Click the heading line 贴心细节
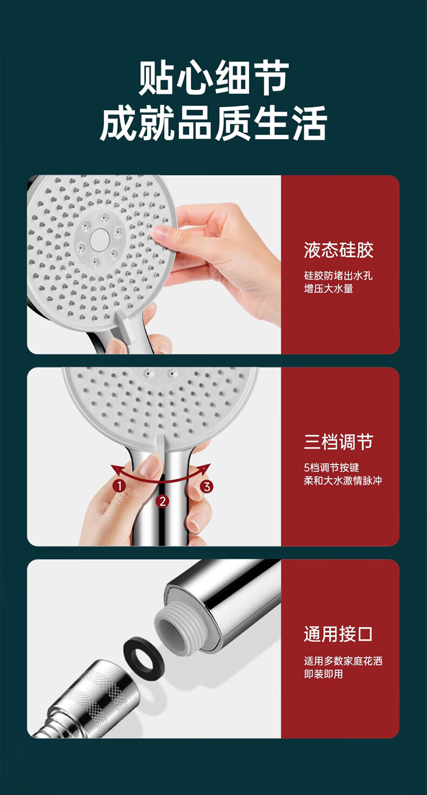click(213, 78)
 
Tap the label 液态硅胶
click(338, 250)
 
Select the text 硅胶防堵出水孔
click(338, 275)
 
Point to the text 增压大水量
click(329, 288)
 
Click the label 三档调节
click(338, 442)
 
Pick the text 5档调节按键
click(331, 468)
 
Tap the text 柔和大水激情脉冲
click(343, 481)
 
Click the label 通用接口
click(338, 634)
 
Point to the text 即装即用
click(324, 674)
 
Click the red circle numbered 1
click(119, 486)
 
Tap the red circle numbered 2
click(163, 501)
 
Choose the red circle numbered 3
click(206, 486)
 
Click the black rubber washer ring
click(143, 652)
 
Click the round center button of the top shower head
click(98, 238)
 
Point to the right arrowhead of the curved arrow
click(206, 468)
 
